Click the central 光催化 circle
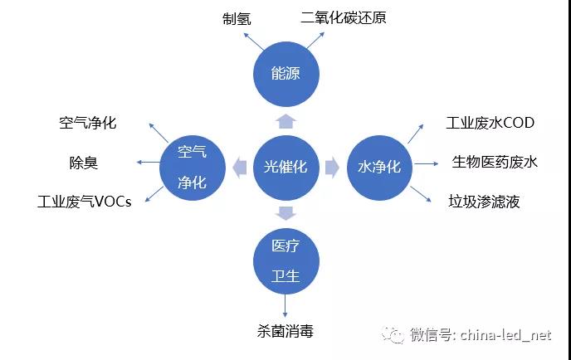[285, 167]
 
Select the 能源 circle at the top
[285, 73]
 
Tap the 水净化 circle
[378, 167]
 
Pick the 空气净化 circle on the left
[193, 167]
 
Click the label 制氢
[237, 17]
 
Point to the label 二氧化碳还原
[344, 17]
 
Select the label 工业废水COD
[490, 123]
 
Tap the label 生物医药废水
[495, 162]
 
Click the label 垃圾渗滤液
[484, 201]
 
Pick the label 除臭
[84, 163]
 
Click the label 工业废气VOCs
[84, 202]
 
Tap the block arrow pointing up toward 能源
[285, 121]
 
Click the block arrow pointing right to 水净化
[332, 167]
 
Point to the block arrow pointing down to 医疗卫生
[285, 213]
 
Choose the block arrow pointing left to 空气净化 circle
[239, 167]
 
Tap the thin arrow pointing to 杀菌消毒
[285, 306]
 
